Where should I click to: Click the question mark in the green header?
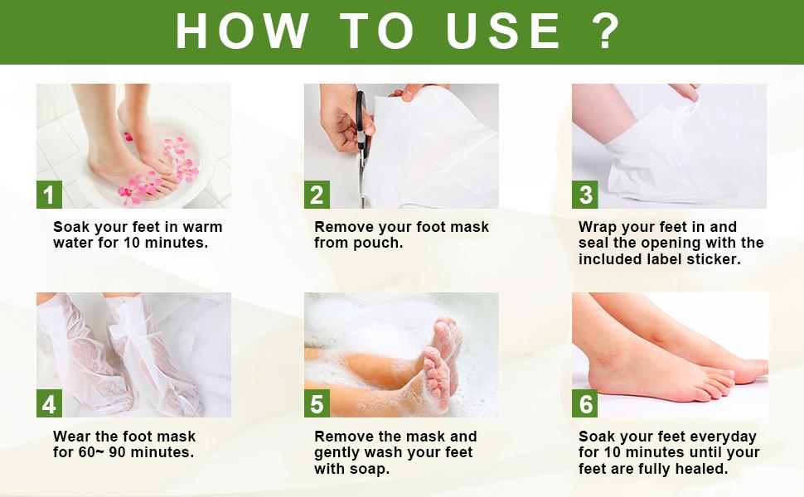[606, 31]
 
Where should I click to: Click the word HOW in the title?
[243, 31]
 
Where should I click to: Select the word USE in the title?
[503, 31]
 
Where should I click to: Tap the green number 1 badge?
[49, 195]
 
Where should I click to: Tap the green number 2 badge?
[317, 195]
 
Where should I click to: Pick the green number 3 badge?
[585, 195]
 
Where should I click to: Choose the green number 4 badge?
[49, 403]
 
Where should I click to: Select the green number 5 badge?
[317, 403]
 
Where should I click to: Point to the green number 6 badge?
[585, 403]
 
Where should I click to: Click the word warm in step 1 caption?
[202, 227]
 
